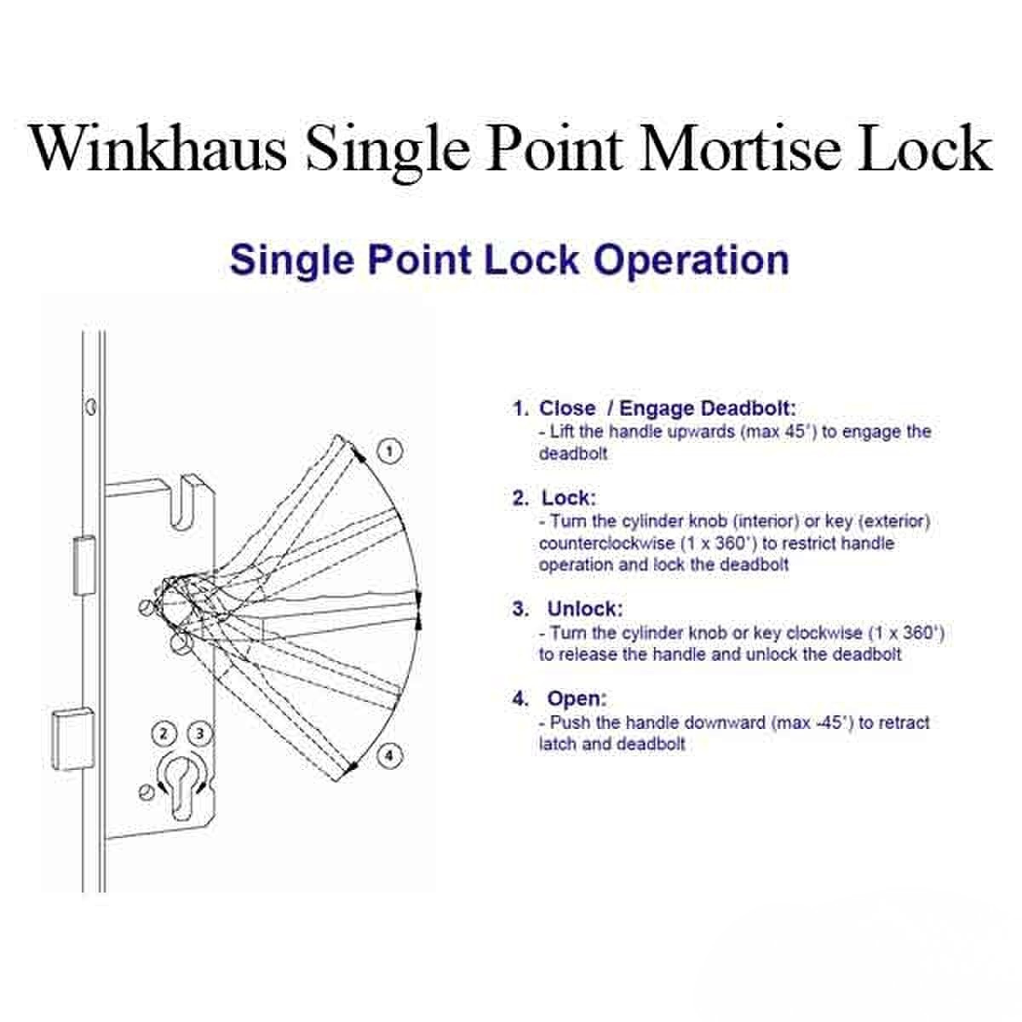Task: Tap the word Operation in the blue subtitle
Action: click(x=691, y=261)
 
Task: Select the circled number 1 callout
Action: click(x=390, y=451)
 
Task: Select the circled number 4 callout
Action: click(x=389, y=755)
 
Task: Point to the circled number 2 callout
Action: click(x=164, y=734)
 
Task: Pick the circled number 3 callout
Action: click(x=200, y=734)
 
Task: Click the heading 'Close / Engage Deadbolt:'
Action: click(x=668, y=409)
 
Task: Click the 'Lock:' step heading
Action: click(x=569, y=498)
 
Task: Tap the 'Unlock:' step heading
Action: click(x=585, y=609)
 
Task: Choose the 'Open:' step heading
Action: click(x=577, y=699)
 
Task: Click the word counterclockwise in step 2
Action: click(x=606, y=543)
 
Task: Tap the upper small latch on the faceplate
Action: click(x=84, y=566)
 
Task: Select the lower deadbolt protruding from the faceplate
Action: click(x=72, y=740)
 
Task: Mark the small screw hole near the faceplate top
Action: click(x=91, y=407)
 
